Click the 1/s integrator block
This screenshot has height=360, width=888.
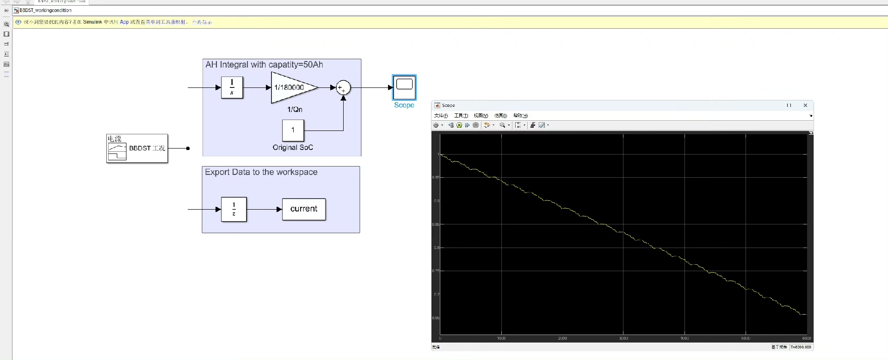tap(232, 87)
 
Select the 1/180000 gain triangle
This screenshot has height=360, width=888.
tap(291, 87)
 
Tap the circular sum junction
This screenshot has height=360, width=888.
tap(343, 87)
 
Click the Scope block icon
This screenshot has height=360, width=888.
tap(404, 87)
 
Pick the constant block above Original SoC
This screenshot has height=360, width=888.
tap(293, 130)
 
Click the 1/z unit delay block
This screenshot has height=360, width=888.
tap(234, 209)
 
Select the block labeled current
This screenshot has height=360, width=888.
tap(304, 209)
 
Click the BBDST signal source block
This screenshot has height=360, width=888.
tap(137, 149)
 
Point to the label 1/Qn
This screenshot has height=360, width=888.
tap(295, 110)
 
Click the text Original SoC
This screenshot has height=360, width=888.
tap(293, 148)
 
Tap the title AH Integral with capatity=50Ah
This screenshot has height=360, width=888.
tap(264, 65)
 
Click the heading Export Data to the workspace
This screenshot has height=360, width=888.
tap(261, 172)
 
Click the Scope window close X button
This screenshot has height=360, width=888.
tap(805, 106)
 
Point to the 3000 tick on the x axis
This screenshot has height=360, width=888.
tap(623, 338)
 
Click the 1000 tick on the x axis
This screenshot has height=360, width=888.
tap(501, 338)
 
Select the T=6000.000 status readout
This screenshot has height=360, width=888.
tap(801, 347)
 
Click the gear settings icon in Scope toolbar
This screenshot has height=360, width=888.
tap(436, 125)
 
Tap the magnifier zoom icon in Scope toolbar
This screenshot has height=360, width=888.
tap(502, 125)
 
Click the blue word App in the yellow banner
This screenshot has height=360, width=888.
tap(124, 22)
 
